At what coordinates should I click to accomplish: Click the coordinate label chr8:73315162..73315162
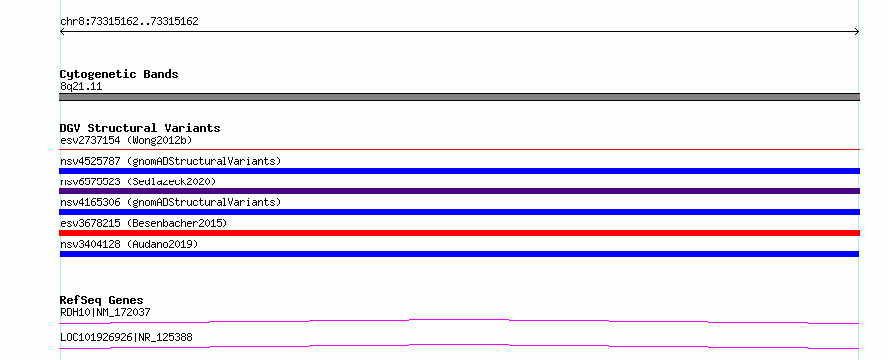pyautogui.click(x=129, y=22)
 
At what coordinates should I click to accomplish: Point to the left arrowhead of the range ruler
pyautogui.click(x=62, y=32)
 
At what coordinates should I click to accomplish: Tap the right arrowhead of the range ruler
pyautogui.click(x=857, y=32)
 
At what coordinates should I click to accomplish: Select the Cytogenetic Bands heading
pyautogui.click(x=119, y=74)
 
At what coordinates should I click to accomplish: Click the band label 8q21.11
pyautogui.click(x=81, y=87)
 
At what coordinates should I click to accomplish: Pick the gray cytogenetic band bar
pyautogui.click(x=459, y=97)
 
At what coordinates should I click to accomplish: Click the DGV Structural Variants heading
pyautogui.click(x=140, y=128)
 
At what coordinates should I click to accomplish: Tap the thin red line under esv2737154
pyautogui.click(x=459, y=149)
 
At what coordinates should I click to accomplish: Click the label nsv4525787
pyautogui.click(x=90, y=161)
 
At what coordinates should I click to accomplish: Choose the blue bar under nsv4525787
pyautogui.click(x=459, y=171)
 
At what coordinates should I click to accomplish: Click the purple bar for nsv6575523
pyautogui.click(x=459, y=191)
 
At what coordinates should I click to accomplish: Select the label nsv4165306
pyautogui.click(x=90, y=202)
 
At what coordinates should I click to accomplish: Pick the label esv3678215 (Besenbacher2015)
pyautogui.click(x=144, y=223)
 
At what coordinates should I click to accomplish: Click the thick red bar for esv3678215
pyautogui.click(x=459, y=233)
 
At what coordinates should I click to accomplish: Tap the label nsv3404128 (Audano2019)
pyautogui.click(x=129, y=244)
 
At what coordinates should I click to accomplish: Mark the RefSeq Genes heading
pyautogui.click(x=102, y=300)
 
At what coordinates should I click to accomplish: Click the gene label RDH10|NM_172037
pyautogui.click(x=105, y=312)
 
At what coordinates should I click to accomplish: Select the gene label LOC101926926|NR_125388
pyautogui.click(x=126, y=337)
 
